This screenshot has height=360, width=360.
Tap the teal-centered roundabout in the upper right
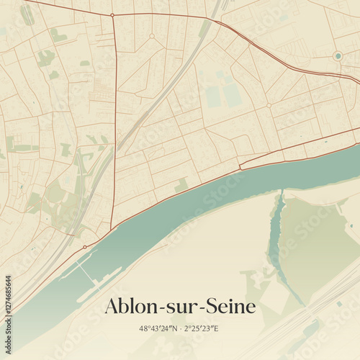(x=337, y=55)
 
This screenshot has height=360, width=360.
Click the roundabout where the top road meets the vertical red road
(x=112, y=14)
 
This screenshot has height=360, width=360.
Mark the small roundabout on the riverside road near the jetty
(x=85, y=247)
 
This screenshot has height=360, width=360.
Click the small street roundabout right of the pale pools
(x=269, y=105)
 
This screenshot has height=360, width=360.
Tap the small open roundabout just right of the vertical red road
(x=152, y=35)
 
